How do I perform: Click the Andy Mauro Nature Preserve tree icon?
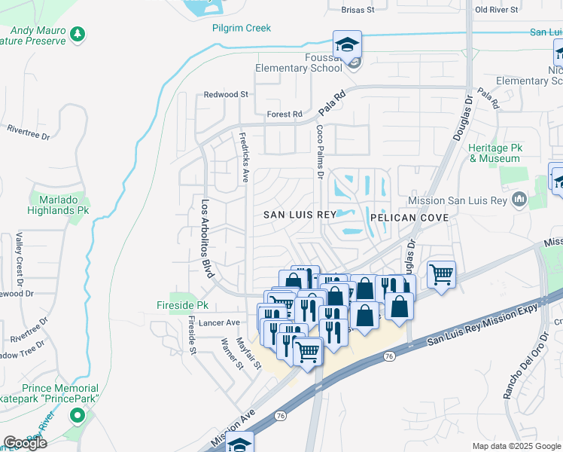(x=78, y=34)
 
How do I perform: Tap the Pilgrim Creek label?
(x=240, y=28)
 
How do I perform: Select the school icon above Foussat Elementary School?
(x=347, y=44)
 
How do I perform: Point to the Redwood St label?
(x=226, y=95)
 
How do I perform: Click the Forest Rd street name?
(x=284, y=115)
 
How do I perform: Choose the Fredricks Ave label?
(x=244, y=157)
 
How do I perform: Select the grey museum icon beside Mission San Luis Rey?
(x=519, y=200)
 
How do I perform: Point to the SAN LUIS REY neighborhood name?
(x=299, y=215)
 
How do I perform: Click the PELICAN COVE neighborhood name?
(x=409, y=218)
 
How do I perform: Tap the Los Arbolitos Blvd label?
(x=204, y=238)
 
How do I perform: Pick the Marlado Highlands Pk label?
(x=59, y=206)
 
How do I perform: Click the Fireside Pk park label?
(x=181, y=306)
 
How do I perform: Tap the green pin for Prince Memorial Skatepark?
(x=76, y=415)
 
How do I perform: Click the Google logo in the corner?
(x=25, y=443)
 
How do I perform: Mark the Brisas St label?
(x=357, y=11)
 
